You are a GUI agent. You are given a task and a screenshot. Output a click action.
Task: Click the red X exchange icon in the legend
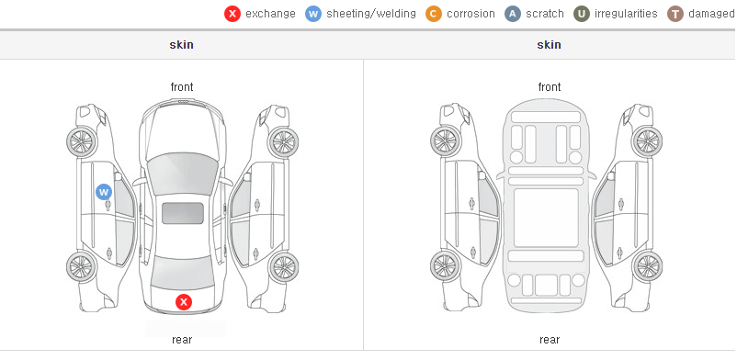[x=232, y=14]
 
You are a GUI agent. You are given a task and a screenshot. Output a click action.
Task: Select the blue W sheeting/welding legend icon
[x=313, y=14]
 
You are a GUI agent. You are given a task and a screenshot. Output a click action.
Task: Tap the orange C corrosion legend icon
[x=434, y=14]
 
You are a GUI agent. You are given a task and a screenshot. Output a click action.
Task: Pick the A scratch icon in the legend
[x=513, y=14]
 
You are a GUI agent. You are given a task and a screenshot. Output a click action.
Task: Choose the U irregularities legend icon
[x=582, y=14]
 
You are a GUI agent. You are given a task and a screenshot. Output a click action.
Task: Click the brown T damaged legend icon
[x=675, y=14]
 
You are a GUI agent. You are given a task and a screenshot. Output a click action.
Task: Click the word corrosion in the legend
[x=471, y=14]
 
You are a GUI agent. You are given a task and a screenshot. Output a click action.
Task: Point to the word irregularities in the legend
[x=626, y=14]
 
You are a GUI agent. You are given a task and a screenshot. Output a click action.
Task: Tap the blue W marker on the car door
[x=104, y=192]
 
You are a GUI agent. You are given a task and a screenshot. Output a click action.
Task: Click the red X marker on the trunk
[x=184, y=302]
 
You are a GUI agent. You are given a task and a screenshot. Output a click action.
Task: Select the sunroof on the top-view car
[x=183, y=213]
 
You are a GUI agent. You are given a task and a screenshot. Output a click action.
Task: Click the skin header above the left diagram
[x=181, y=45]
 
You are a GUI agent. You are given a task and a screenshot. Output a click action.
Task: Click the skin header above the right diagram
[x=549, y=45]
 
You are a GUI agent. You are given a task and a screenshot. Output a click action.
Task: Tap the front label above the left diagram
[x=182, y=87]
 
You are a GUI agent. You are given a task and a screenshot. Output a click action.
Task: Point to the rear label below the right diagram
[x=550, y=339]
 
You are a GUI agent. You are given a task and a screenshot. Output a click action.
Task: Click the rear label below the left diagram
[x=182, y=339]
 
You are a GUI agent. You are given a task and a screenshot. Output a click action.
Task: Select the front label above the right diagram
[x=550, y=87]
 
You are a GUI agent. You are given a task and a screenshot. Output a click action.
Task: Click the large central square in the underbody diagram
[x=546, y=218]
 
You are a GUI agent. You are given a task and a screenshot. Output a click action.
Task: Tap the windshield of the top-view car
[x=182, y=172]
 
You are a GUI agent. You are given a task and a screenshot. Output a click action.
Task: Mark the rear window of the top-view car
[x=183, y=272]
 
